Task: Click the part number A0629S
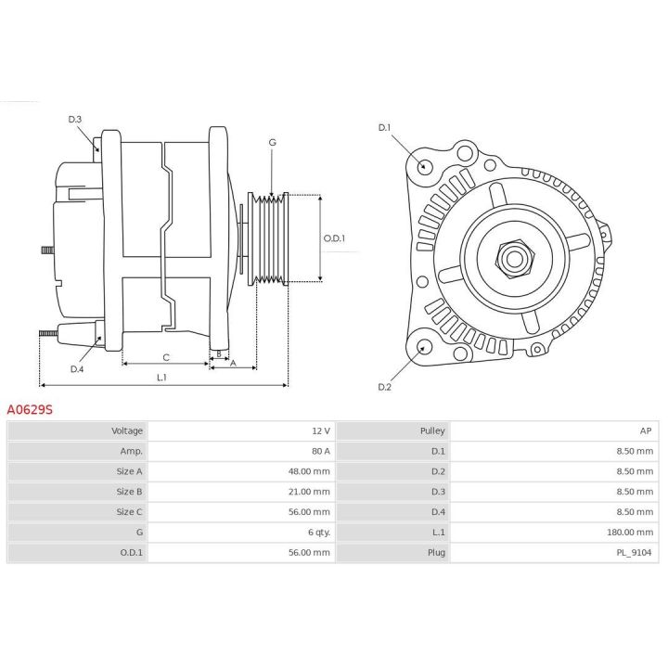pyautogui.click(x=31, y=408)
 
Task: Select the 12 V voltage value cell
pyautogui.click(x=320, y=430)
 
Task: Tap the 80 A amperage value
pyautogui.click(x=320, y=451)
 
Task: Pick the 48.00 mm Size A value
pyautogui.click(x=308, y=471)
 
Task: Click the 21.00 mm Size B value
pyautogui.click(x=308, y=492)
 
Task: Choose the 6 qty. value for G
pyautogui.click(x=318, y=533)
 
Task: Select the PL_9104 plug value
pyautogui.click(x=635, y=553)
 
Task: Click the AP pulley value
pyautogui.click(x=647, y=430)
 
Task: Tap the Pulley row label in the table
pyautogui.click(x=432, y=430)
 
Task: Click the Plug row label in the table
pyautogui.click(x=436, y=553)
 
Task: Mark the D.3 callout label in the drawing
pyautogui.click(x=75, y=119)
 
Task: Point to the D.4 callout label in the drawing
pyautogui.click(x=77, y=368)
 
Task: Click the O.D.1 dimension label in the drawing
pyautogui.click(x=334, y=238)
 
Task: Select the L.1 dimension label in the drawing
pyautogui.click(x=162, y=377)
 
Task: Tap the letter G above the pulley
pyautogui.click(x=272, y=142)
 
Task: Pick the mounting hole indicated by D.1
pyautogui.click(x=425, y=167)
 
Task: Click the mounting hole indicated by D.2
pyautogui.click(x=425, y=347)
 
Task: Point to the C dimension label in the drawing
pyautogui.click(x=166, y=357)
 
